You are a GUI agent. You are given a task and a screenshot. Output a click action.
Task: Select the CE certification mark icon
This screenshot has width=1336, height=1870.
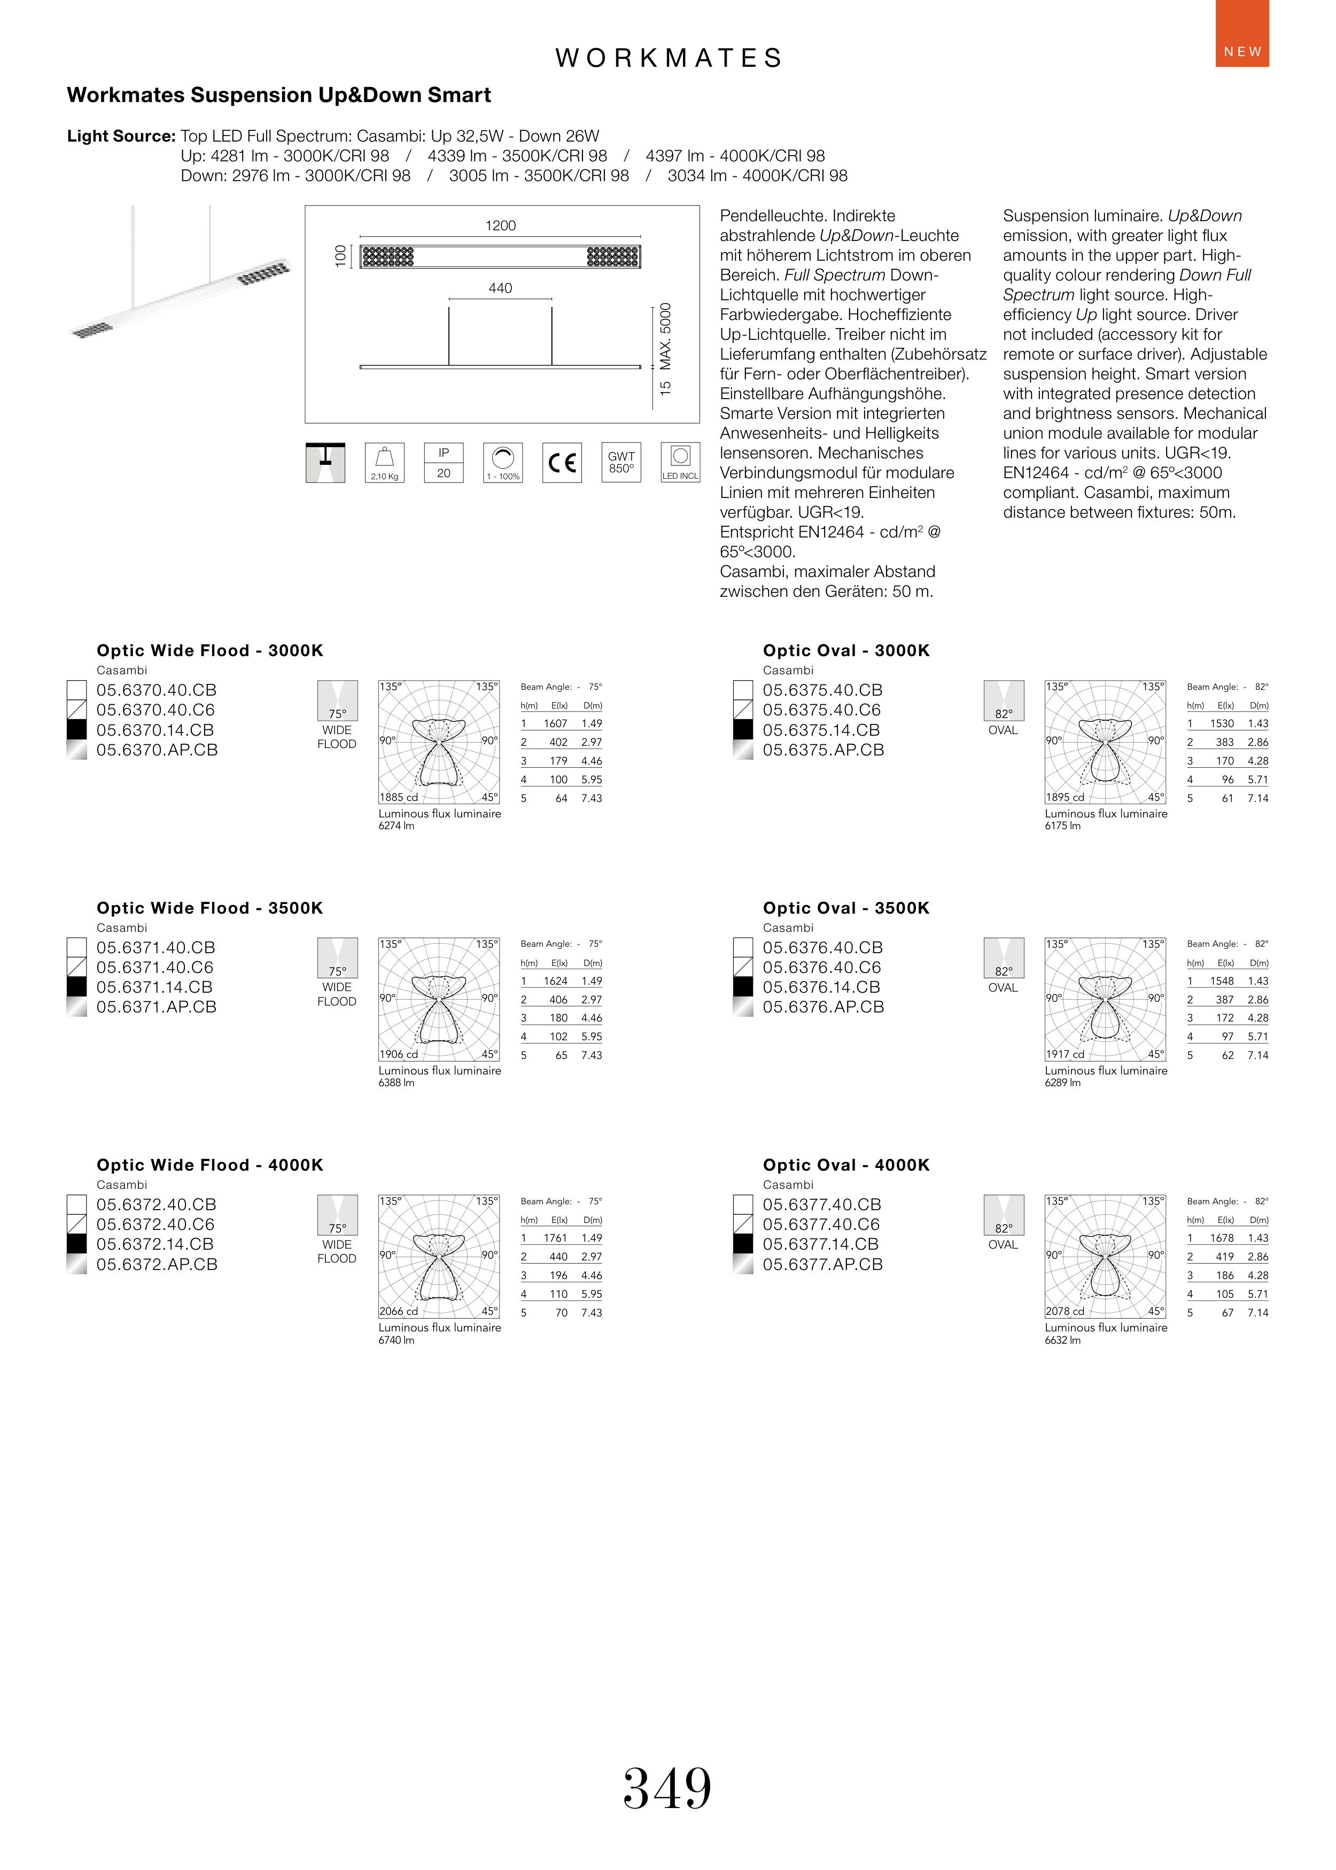pos(562,463)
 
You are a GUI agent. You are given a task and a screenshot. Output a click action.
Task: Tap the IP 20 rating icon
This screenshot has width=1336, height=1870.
pos(444,463)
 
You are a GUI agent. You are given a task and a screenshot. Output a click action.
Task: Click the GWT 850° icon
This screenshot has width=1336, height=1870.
pos(621,463)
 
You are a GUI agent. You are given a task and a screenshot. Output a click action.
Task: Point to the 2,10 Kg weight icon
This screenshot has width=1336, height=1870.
pos(384,463)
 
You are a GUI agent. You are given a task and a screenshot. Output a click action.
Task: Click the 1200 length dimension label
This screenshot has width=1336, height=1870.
pos(500,225)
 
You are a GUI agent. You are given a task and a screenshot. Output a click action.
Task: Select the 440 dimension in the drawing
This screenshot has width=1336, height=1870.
pos(500,288)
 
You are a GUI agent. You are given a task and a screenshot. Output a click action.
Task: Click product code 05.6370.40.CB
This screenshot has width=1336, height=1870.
pos(156,690)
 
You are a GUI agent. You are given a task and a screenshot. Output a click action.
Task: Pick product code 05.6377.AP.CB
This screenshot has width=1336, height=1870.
pos(822,1264)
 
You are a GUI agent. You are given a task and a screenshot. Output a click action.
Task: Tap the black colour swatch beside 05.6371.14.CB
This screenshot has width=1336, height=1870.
pos(76,987)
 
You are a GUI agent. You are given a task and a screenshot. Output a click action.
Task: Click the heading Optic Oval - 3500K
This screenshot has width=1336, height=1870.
pos(846,908)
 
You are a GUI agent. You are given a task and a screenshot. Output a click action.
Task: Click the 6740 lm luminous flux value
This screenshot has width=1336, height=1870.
pos(397,1339)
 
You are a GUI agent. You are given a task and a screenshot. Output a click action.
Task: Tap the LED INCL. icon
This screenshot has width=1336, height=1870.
pos(680,463)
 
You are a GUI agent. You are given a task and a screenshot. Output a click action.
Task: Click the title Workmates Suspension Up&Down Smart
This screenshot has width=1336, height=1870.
pos(279,96)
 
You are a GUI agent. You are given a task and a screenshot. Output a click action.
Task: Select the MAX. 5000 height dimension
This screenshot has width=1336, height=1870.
pos(665,337)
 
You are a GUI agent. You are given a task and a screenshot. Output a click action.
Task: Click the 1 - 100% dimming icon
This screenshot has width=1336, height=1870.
pos(503,463)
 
